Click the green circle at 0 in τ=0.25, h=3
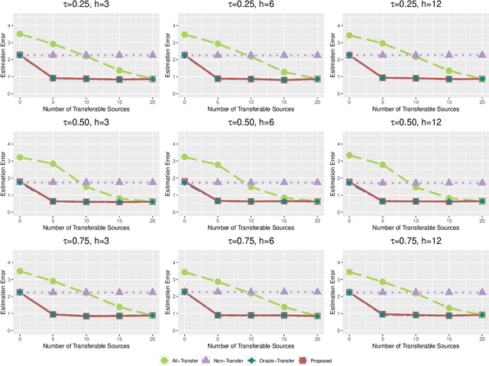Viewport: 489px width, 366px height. pyautogui.click(x=20, y=34)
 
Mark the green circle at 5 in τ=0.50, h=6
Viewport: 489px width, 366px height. pyautogui.click(x=218, y=164)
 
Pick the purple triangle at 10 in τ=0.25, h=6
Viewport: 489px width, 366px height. pyautogui.click(x=251, y=55)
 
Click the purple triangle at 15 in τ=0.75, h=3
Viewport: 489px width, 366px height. pyautogui.click(x=119, y=292)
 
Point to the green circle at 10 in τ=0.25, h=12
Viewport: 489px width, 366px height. pyautogui.click(x=415, y=57)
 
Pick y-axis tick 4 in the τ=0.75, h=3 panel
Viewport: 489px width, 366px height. pyautogui.click(x=9, y=262)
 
